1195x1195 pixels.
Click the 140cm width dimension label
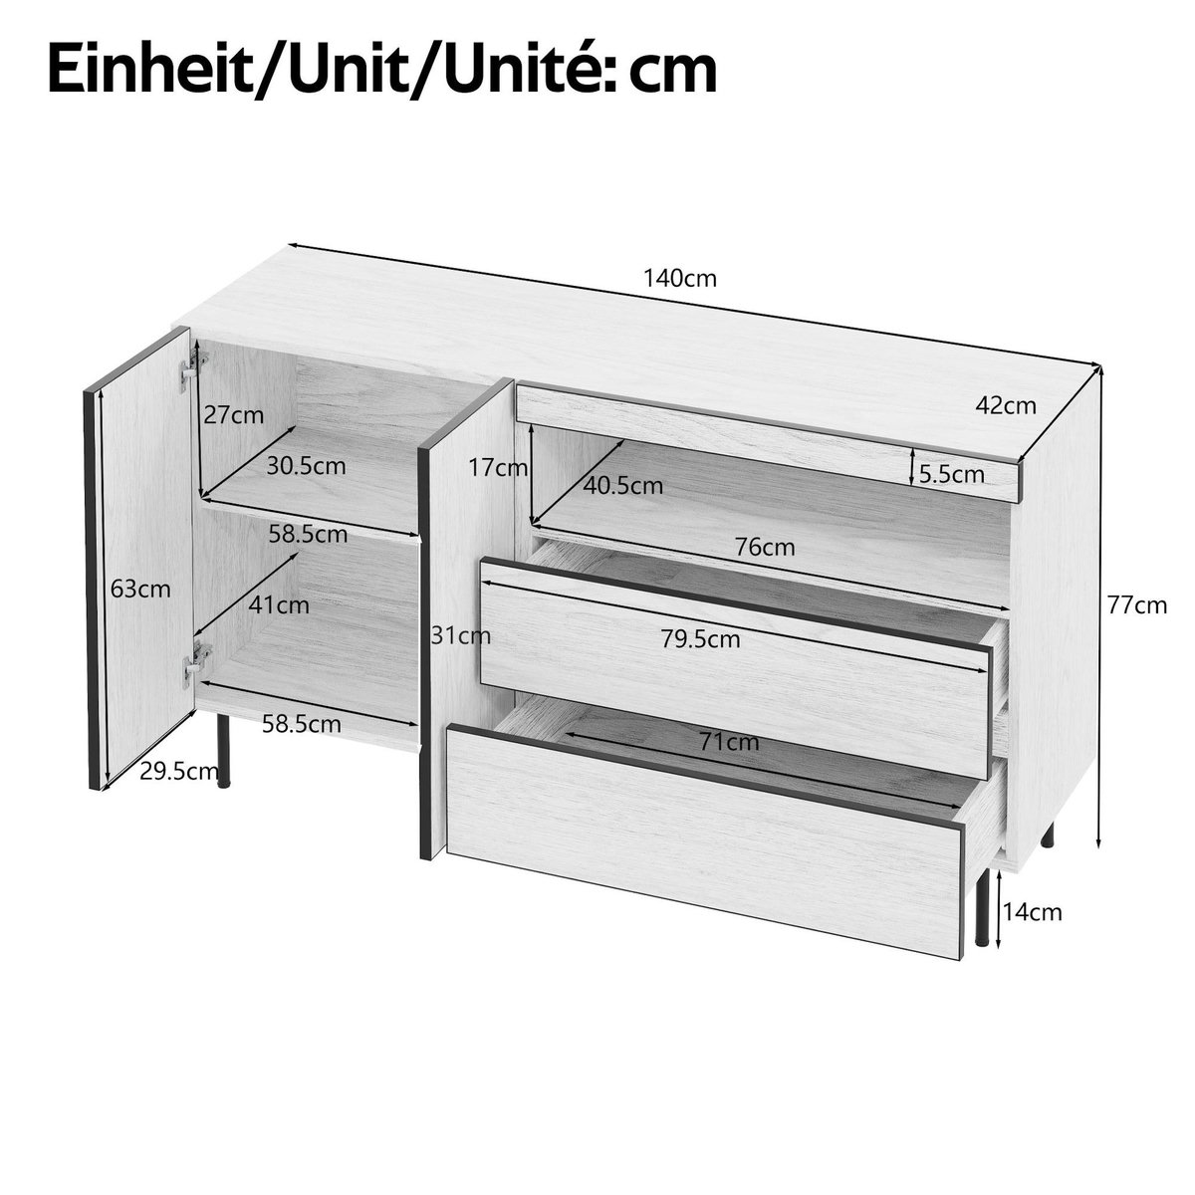click(x=680, y=278)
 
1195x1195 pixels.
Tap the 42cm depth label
click(x=1006, y=405)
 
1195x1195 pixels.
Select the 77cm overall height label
click(x=1136, y=604)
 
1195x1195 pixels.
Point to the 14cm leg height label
click(x=1032, y=911)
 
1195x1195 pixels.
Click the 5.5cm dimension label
click(x=952, y=474)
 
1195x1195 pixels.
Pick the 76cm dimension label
click(x=766, y=547)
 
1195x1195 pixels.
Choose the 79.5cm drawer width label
click(x=700, y=639)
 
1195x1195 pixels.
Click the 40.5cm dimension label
click(x=623, y=486)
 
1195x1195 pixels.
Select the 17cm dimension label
click(x=498, y=467)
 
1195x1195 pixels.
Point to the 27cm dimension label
click(x=233, y=415)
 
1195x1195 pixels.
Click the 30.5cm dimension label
click(x=307, y=465)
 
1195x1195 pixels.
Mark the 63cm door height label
click(x=140, y=589)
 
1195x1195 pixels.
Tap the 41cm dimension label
click(x=280, y=604)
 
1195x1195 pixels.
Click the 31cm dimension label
click(x=455, y=634)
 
